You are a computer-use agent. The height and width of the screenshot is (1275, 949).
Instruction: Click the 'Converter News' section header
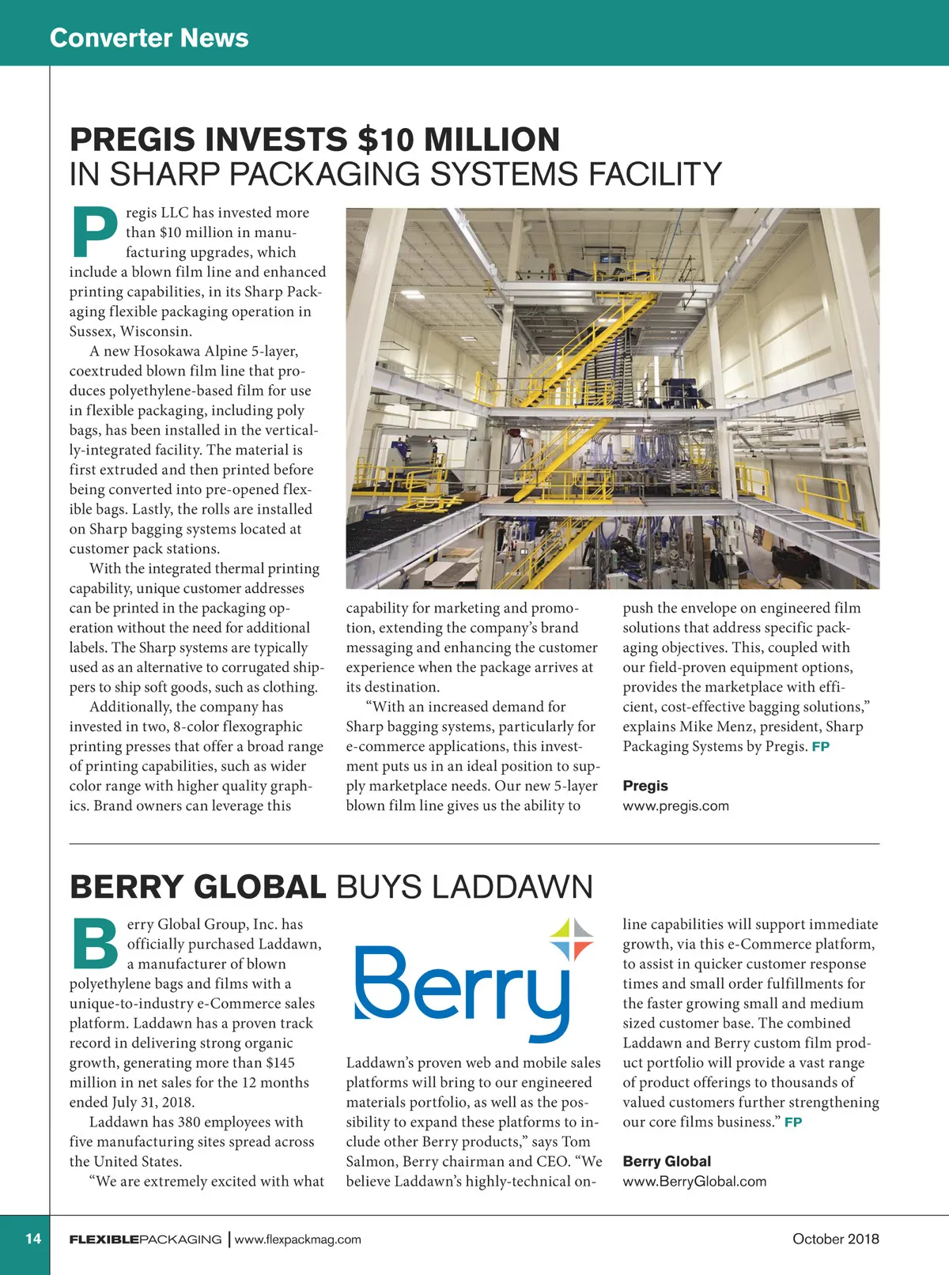coord(149,38)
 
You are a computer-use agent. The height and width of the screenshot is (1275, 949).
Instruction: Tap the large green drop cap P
coord(94,232)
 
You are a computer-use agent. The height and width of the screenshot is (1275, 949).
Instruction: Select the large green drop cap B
coord(95,943)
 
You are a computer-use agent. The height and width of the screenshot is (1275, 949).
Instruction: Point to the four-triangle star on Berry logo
coord(572,940)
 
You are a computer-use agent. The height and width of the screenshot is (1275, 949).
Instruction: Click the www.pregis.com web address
coord(675,806)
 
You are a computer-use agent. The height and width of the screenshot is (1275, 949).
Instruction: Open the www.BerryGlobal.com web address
coord(694,1182)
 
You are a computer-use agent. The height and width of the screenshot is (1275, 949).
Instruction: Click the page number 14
coord(33,1239)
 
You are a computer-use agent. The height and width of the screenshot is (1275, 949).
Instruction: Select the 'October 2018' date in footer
coord(835,1239)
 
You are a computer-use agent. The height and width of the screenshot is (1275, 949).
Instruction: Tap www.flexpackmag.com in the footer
coord(297,1239)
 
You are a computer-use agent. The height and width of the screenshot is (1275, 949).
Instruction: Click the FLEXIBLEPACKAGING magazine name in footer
coord(146,1239)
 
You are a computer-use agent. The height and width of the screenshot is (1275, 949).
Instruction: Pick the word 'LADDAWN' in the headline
coord(512,887)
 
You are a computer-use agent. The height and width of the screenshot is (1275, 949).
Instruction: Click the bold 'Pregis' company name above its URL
coord(645,786)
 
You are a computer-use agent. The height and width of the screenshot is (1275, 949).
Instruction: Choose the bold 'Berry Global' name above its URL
coord(667,1161)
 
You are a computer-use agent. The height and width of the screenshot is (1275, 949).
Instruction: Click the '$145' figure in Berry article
coord(280,1063)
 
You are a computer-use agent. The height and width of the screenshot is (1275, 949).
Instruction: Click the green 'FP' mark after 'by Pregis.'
coord(820,747)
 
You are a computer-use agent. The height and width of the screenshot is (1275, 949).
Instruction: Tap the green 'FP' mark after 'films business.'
coord(793,1122)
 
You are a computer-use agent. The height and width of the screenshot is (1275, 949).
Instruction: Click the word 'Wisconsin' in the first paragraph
coord(155,331)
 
